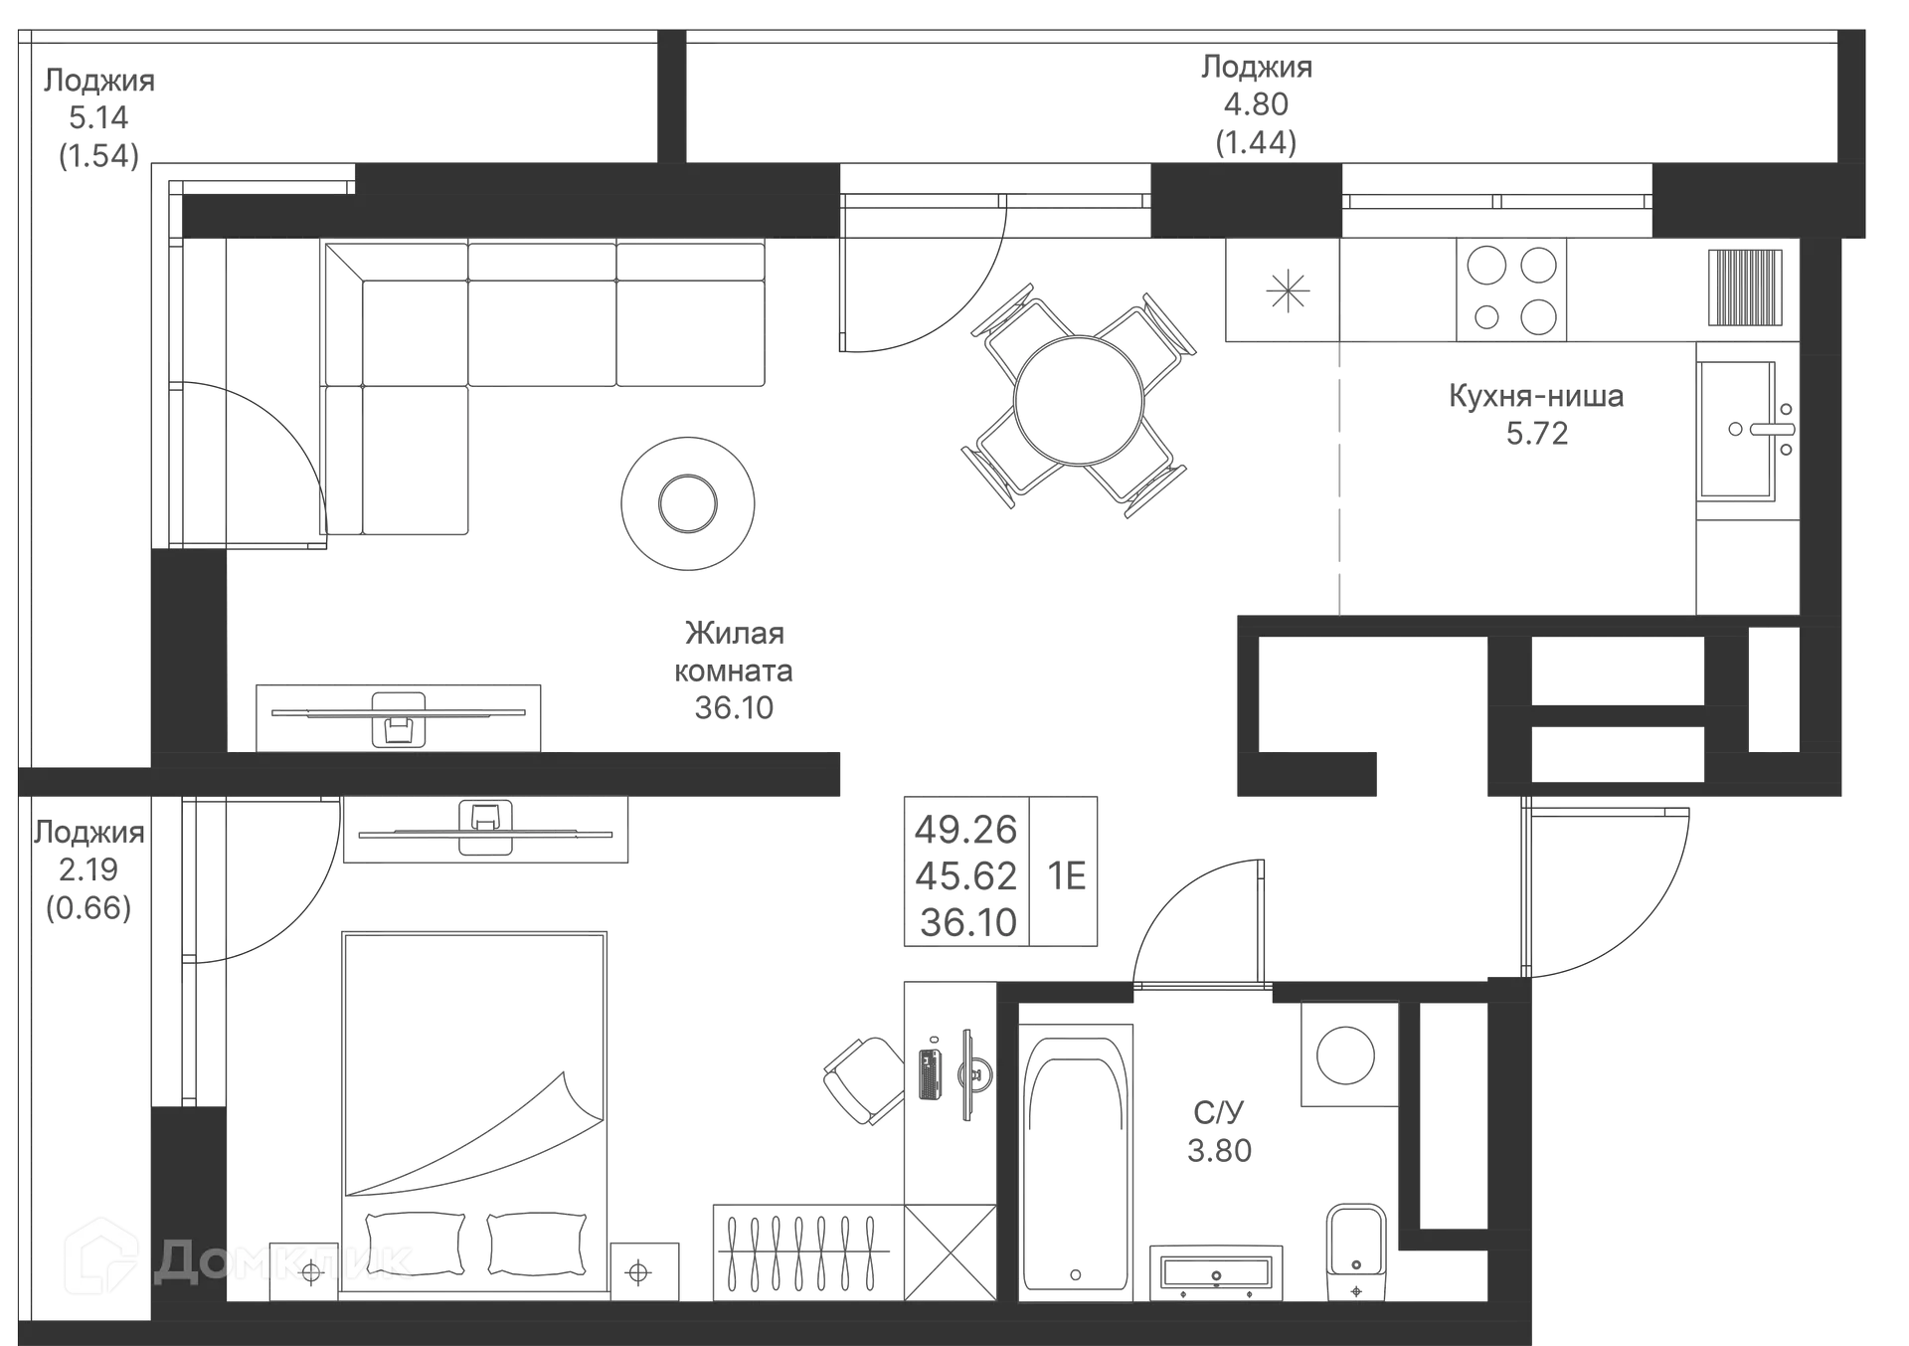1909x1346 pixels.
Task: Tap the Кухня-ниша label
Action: click(x=1536, y=396)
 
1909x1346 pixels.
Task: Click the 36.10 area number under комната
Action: click(x=734, y=707)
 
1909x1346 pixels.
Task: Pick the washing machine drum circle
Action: click(x=1346, y=1055)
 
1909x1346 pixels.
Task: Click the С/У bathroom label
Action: click(x=1219, y=1112)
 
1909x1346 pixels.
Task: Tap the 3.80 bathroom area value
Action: click(x=1220, y=1150)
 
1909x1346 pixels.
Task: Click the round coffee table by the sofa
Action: click(x=687, y=502)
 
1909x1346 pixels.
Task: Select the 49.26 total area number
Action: click(x=965, y=828)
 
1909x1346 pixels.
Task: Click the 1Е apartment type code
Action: click(x=1065, y=875)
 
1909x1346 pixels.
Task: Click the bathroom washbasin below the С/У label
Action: click(x=1215, y=1271)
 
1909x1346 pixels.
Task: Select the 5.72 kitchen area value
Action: click(x=1537, y=434)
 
